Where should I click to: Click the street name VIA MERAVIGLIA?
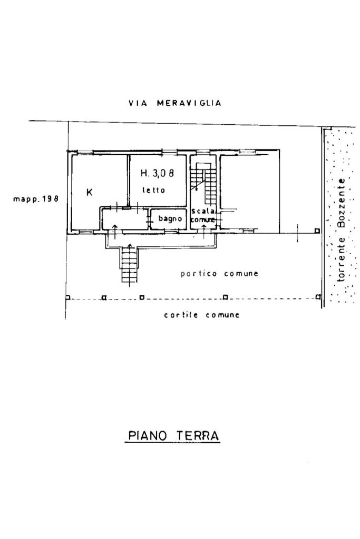(x=174, y=103)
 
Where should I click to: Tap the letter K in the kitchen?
(x=90, y=192)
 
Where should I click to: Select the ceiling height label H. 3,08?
(x=157, y=173)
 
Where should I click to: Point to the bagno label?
(x=170, y=218)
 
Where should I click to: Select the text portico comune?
(x=219, y=273)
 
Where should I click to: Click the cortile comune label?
(x=201, y=315)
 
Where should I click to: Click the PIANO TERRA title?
(x=173, y=436)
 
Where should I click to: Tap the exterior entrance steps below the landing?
(x=129, y=266)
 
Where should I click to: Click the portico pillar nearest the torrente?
(x=317, y=231)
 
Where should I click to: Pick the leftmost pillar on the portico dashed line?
(x=67, y=297)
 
